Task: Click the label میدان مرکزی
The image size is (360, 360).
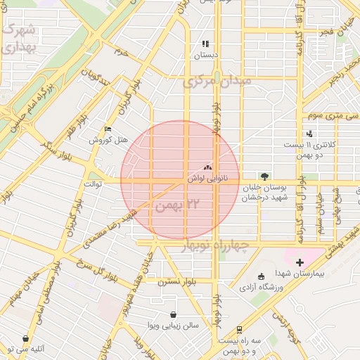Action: pos(217,82)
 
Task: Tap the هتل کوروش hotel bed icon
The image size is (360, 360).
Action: pos(107,129)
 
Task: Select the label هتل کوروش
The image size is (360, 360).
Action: pos(108,140)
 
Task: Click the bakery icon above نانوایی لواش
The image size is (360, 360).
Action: pos(207,167)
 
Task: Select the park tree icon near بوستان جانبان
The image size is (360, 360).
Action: pos(264,176)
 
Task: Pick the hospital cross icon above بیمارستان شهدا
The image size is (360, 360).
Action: pos(300,262)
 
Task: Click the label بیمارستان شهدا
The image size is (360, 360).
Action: pos(303,276)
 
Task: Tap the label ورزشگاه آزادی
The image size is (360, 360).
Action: pos(261,287)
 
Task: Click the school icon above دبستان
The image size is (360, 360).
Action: pos(206,44)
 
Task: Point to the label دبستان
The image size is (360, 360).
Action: pos(207,55)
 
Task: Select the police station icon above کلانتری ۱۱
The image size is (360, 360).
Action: pos(310,134)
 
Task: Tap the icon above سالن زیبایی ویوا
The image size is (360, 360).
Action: pos(173,314)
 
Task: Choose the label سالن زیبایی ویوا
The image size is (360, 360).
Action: pos(173,326)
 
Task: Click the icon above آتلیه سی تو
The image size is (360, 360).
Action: pos(26,338)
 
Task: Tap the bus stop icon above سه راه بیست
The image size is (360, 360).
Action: pos(240,328)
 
